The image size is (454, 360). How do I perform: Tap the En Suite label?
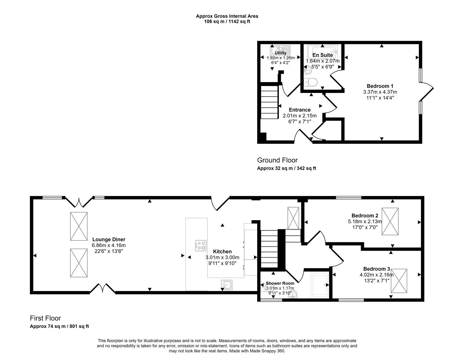[x=322, y=55]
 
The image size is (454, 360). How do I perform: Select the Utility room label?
[x=280, y=53]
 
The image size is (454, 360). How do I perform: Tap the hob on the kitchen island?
[x=201, y=246]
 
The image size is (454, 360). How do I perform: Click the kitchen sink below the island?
[x=227, y=284]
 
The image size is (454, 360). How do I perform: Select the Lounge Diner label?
[x=109, y=239]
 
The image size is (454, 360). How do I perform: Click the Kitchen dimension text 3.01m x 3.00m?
[x=222, y=257]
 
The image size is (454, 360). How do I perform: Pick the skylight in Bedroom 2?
[x=390, y=221]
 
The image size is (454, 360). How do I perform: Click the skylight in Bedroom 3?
[x=399, y=281]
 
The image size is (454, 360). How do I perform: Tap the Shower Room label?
[x=279, y=283]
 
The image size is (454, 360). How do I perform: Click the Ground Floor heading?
[x=277, y=160]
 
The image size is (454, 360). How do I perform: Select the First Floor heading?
[x=45, y=318]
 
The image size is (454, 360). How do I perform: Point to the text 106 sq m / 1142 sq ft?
[x=227, y=22]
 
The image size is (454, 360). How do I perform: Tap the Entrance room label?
[x=299, y=110]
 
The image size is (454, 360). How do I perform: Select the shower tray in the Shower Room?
[x=319, y=285]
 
